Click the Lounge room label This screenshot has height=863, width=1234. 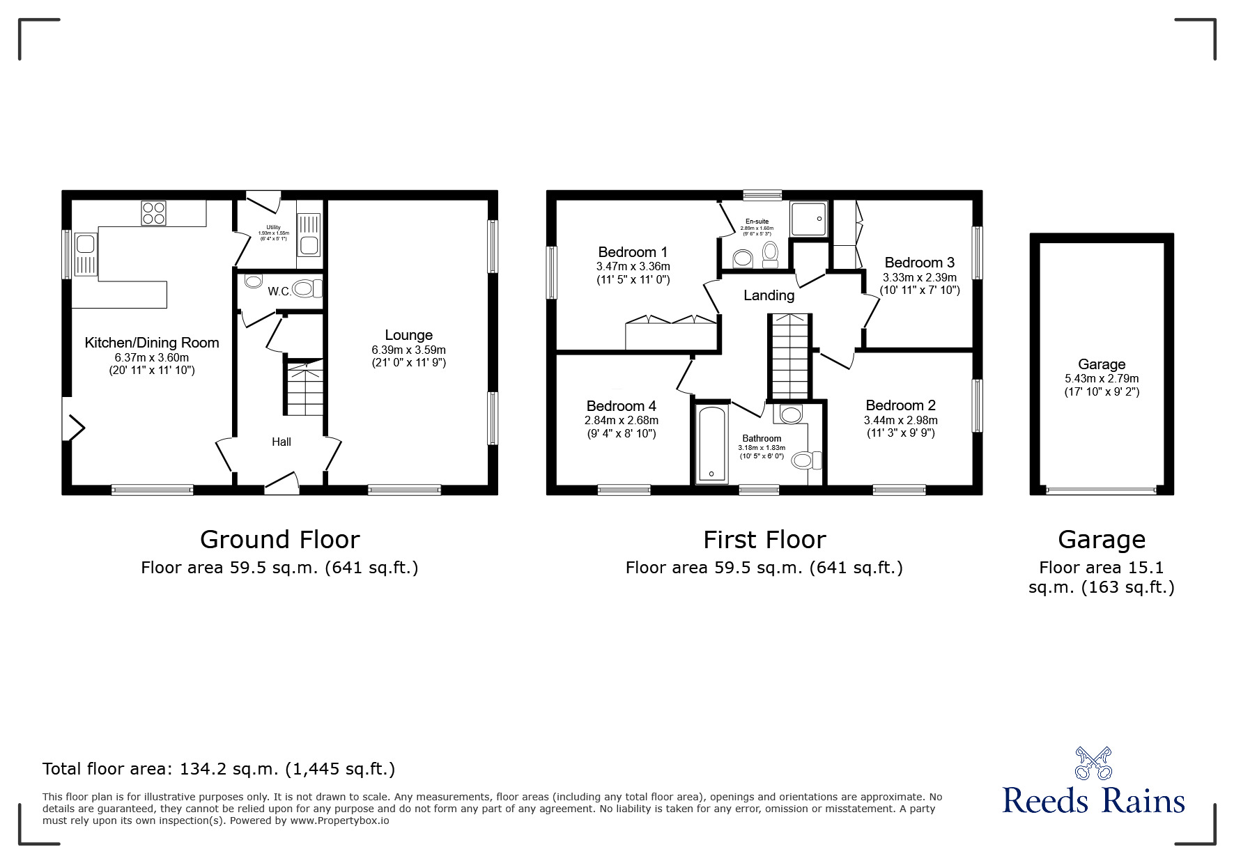(x=408, y=335)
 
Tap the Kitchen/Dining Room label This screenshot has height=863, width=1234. (x=152, y=343)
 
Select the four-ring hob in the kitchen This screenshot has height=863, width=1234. (x=153, y=212)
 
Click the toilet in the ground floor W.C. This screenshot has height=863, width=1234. (x=306, y=288)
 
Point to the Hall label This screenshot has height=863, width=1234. (x=281, y=442)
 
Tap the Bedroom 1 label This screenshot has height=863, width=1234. (x=633, y=252)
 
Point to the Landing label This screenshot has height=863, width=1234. (x=769, y=295)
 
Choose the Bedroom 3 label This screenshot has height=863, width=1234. (x=919, y=263)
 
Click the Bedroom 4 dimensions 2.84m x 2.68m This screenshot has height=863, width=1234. (x=621, y=421)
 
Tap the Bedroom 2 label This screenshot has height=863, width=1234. (x=900, y=405)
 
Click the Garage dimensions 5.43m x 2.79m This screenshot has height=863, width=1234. (x=1102, y=379)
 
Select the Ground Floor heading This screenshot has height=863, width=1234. (x=279, y=540)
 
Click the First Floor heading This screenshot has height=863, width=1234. (x=764, y=540)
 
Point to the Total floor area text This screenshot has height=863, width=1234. (x=219, y=769)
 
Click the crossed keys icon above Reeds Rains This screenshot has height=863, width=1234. (x=1093, y=763)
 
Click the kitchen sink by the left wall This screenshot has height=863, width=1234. (x=86, y=244)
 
